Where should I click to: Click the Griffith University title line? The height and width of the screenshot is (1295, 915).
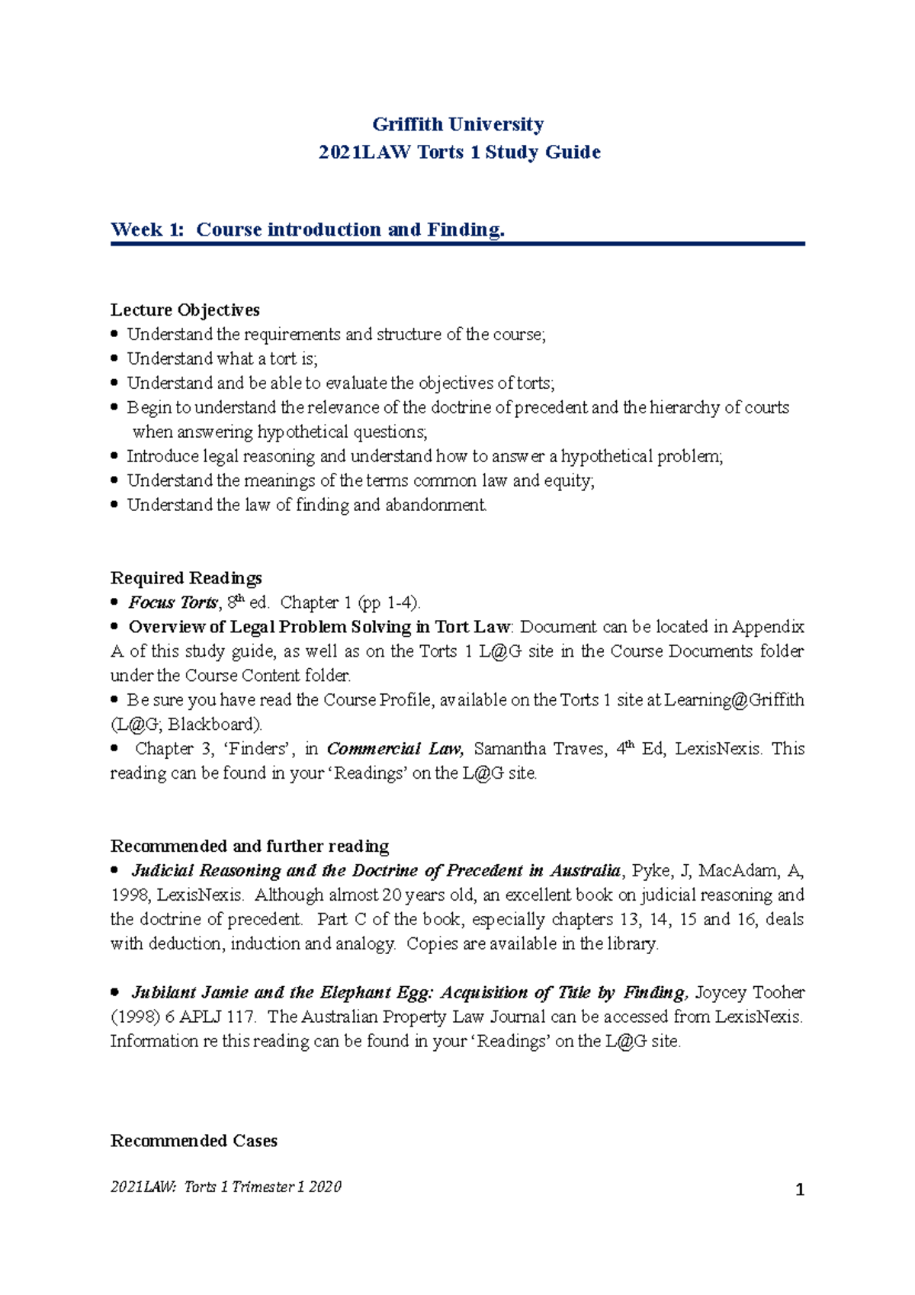457,124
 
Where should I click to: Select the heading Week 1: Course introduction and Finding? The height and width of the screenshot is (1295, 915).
307,230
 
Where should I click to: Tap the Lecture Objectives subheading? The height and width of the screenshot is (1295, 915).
185,310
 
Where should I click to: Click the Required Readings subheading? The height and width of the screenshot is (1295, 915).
186,577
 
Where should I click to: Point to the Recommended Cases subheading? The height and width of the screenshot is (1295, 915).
194,1140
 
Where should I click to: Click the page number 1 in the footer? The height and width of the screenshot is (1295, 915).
800,1190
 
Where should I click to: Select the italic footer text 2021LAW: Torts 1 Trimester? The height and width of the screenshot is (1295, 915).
226,1187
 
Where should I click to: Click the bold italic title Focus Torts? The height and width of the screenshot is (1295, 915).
173,603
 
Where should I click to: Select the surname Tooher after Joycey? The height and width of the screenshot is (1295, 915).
779,992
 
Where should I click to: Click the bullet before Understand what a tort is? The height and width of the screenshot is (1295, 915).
115,358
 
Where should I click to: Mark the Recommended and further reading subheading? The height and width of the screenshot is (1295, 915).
249,846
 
